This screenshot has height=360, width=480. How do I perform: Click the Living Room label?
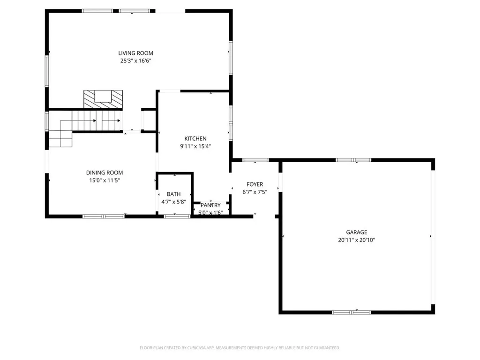click(135, 53)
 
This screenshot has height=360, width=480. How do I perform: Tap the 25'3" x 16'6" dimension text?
click(135, 60)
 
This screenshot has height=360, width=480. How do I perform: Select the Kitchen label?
click(195, 139)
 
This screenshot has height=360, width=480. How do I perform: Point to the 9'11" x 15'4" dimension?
click(195, 146)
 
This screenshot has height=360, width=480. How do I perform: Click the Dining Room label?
click(105, 172)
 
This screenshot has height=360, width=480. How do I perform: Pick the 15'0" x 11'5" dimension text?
click(105, 180)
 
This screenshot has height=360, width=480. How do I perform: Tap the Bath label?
click(173, 194)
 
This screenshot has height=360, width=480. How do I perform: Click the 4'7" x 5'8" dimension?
click(173, 202)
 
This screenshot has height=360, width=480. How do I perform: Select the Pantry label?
click(210, 205)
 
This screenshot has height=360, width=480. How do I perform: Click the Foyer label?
click(255, 184)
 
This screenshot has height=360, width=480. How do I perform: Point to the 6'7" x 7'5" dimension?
click(255, 192)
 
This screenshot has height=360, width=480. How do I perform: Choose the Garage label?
click(357, 232)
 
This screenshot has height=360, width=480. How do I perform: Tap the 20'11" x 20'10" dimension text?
click(357, 240)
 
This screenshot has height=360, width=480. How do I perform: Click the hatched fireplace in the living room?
click(103, 99)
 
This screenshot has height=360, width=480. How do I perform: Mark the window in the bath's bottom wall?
click(177, 217)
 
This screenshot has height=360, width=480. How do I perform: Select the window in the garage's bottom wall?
click(352, 312)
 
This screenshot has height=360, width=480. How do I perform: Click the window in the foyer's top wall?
click(255, 160)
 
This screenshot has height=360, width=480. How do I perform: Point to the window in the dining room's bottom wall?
click(104, 217)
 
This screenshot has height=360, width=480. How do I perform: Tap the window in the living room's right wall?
click(231, 58)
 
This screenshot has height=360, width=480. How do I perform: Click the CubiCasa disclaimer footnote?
click(240, 348)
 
